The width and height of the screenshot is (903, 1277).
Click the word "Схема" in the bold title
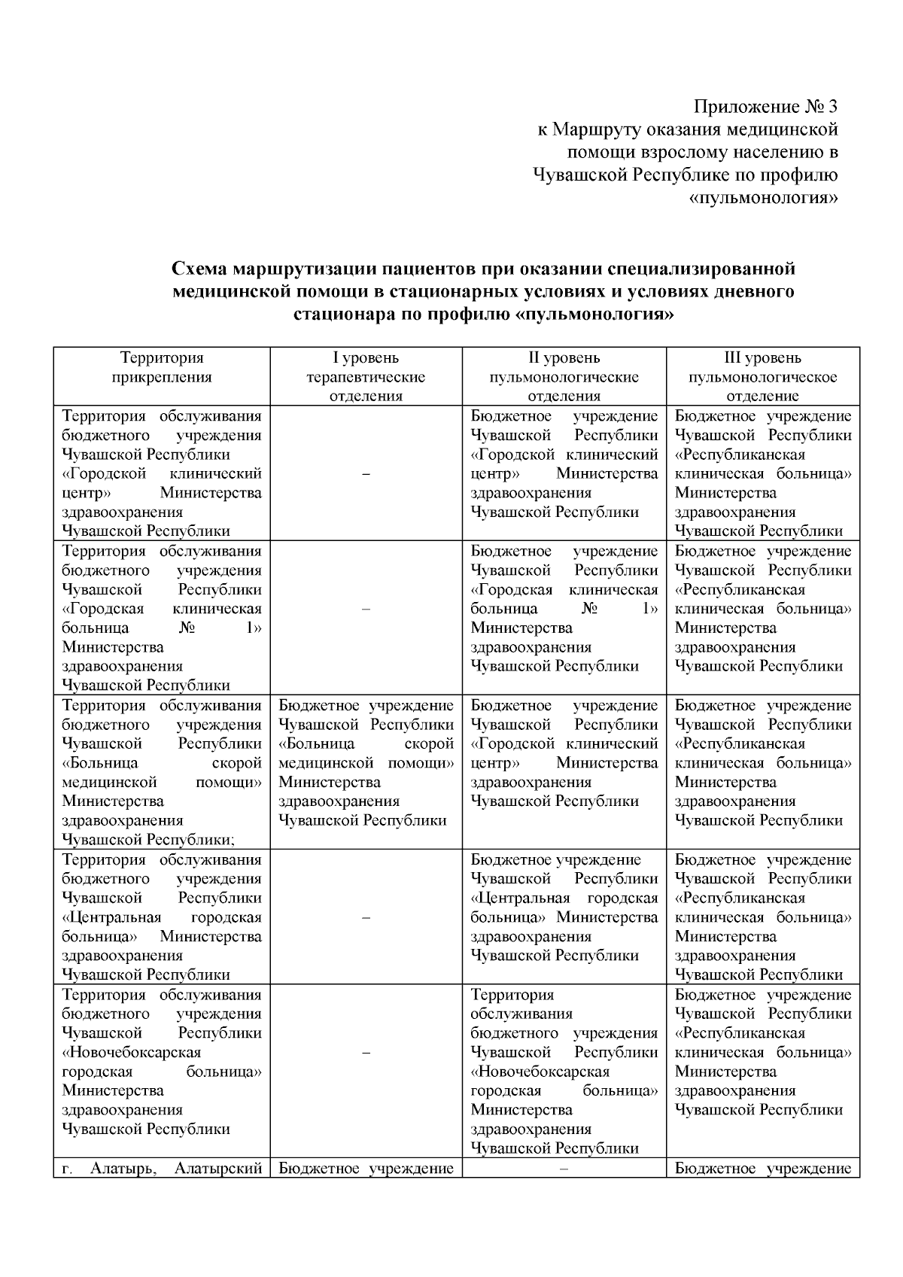coord(198,269)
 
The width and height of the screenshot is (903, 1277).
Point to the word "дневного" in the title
coord(756,290)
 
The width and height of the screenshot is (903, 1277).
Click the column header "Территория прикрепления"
coord(162,368)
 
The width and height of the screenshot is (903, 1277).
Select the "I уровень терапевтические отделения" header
coord(366,377)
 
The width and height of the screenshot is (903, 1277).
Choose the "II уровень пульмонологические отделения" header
coord(564,377)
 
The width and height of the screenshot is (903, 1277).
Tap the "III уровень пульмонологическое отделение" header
coord(762,377)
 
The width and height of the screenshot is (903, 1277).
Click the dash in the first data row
coord(366,474)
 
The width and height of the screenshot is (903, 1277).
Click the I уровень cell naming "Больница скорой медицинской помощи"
coord(366,763)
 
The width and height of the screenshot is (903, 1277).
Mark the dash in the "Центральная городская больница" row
coord(366,917)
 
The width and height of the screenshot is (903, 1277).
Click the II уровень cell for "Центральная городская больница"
coord(564,908)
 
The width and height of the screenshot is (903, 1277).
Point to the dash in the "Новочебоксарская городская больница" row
coord(366,1053)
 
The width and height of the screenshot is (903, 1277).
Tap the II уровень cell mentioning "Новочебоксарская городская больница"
coord(564,1072)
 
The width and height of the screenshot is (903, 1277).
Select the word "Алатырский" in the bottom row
coord(218,1169)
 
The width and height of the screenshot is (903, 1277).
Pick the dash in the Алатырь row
coord(564,1169)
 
